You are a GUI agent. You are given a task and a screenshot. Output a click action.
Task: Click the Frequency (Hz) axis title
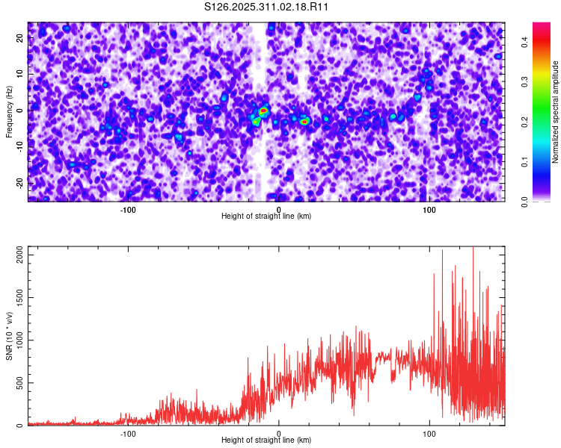(x=9, y=111)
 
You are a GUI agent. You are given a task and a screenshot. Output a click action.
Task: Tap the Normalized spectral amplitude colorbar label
(x=555, y=112)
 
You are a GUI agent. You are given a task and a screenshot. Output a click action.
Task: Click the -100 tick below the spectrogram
(x=128, y=210)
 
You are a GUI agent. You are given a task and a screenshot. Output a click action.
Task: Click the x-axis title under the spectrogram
(x=266, y=217)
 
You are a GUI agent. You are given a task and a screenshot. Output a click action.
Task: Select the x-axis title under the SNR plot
(x=266, y=441)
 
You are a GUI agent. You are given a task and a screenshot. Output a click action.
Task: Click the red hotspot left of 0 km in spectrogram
(x=263, y=111)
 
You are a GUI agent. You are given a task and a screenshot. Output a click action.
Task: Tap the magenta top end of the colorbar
(x=541, y=26)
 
